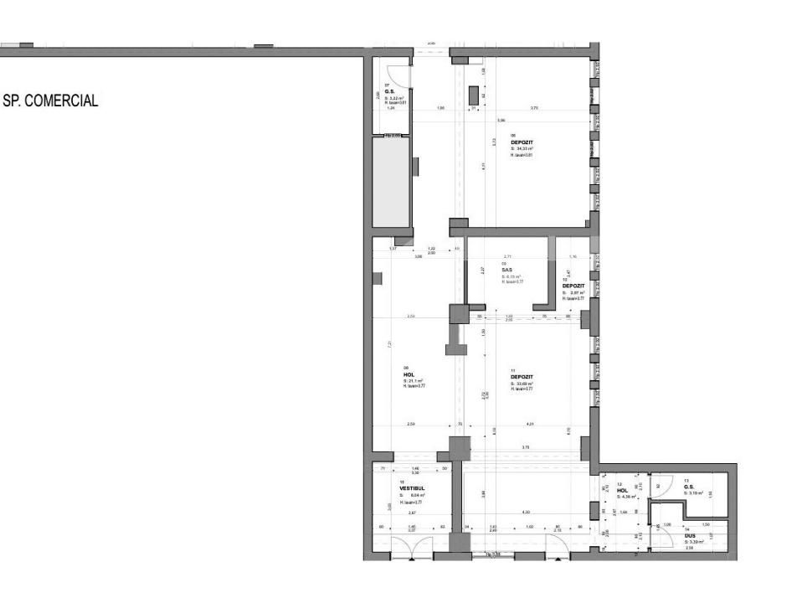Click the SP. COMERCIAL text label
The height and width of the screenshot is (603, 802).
(x=52, y=101)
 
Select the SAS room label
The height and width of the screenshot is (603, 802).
(x=506, y=270)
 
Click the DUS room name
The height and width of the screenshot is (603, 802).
(x=690, y=534)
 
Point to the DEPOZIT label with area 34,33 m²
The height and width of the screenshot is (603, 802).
(x=522, y=142)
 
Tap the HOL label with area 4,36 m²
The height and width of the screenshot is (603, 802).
(x=622, y=491)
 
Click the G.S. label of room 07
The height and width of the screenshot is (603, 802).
(x=389, y=91)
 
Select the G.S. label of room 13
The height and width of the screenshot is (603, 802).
(x=689, y=487)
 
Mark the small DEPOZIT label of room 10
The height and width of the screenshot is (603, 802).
(x=573, y=286)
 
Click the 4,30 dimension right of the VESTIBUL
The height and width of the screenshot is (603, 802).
(x=526, y=512)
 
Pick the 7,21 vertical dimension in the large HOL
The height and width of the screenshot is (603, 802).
(x=388, y=344)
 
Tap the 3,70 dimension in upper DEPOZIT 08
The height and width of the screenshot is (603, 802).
(x=534, y=108)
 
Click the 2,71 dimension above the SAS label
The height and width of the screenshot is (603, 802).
(x=507, y=256)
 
